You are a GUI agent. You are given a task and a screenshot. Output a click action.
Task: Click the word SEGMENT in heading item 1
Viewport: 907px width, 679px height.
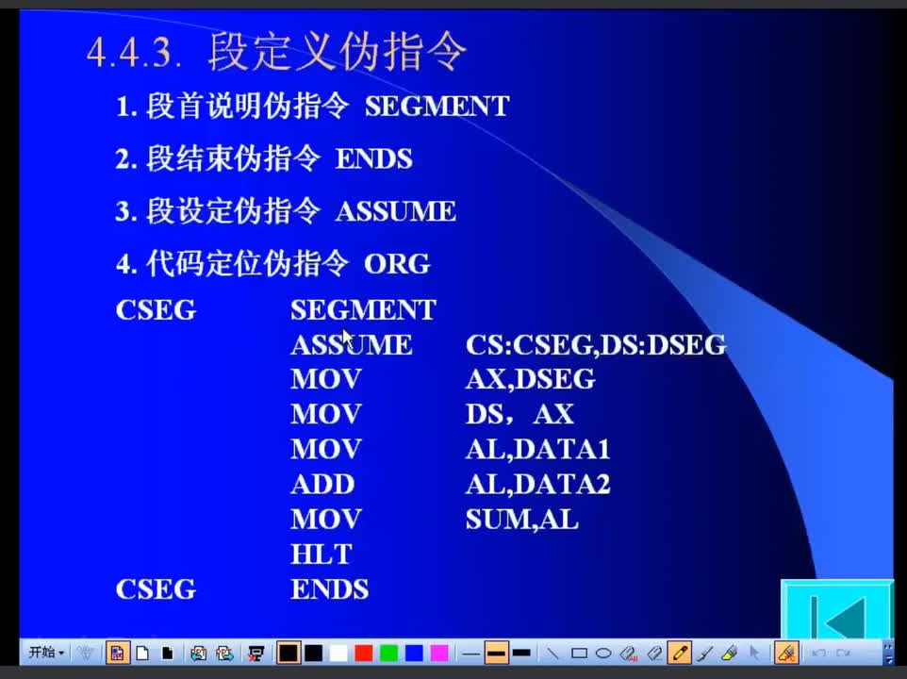point(437,107)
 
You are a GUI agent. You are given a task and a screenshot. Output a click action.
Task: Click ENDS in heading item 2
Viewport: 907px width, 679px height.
point(373,159)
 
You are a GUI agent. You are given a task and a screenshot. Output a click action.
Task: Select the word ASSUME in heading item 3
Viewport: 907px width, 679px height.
point(396,211)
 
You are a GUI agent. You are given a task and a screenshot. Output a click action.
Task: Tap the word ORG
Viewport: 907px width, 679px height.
point(397,264)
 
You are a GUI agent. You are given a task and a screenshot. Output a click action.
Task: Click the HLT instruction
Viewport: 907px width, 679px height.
point(322,555)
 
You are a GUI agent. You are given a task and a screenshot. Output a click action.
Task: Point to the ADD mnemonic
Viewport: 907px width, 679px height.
point(322,484)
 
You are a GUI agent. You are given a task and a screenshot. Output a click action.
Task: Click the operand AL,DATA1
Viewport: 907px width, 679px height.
point(538,450)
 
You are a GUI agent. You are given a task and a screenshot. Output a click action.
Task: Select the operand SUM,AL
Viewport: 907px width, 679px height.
point(521,520)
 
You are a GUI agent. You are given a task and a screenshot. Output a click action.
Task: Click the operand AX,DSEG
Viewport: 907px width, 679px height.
point(531,379)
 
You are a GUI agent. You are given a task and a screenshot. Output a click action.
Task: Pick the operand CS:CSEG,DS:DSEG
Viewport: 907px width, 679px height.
point(595,345)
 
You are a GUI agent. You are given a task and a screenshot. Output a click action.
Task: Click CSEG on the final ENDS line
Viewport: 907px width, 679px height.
point(156,589)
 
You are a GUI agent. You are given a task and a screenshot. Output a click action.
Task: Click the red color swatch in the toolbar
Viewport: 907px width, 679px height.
point(363,654)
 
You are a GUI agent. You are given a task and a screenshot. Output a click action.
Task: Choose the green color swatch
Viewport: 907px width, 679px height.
point(388,654)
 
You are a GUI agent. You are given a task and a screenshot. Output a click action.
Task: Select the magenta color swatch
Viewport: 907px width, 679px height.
point(439,654)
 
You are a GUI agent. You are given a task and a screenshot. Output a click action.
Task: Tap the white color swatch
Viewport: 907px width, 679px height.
point(338,654)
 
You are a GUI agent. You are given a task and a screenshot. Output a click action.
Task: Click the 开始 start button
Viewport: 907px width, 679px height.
point(46,653)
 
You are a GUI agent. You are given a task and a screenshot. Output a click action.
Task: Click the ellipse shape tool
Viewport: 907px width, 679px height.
point(603,654)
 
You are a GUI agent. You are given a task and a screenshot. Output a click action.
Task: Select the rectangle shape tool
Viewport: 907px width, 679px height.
point(579,654)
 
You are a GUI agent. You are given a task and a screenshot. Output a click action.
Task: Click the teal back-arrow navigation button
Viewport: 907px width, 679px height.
point(837,609)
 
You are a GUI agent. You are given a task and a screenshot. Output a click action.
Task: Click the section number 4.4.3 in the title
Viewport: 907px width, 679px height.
point(134,53)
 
